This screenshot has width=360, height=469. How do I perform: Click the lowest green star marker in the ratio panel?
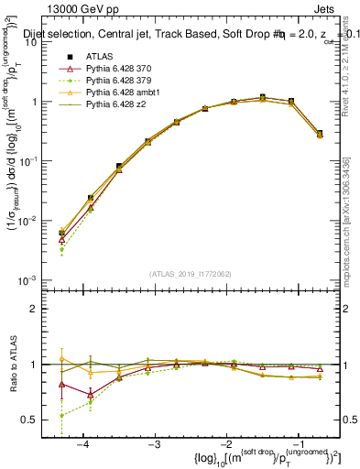click(61, 416)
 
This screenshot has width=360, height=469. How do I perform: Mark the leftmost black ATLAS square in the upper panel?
click(61, 233)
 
